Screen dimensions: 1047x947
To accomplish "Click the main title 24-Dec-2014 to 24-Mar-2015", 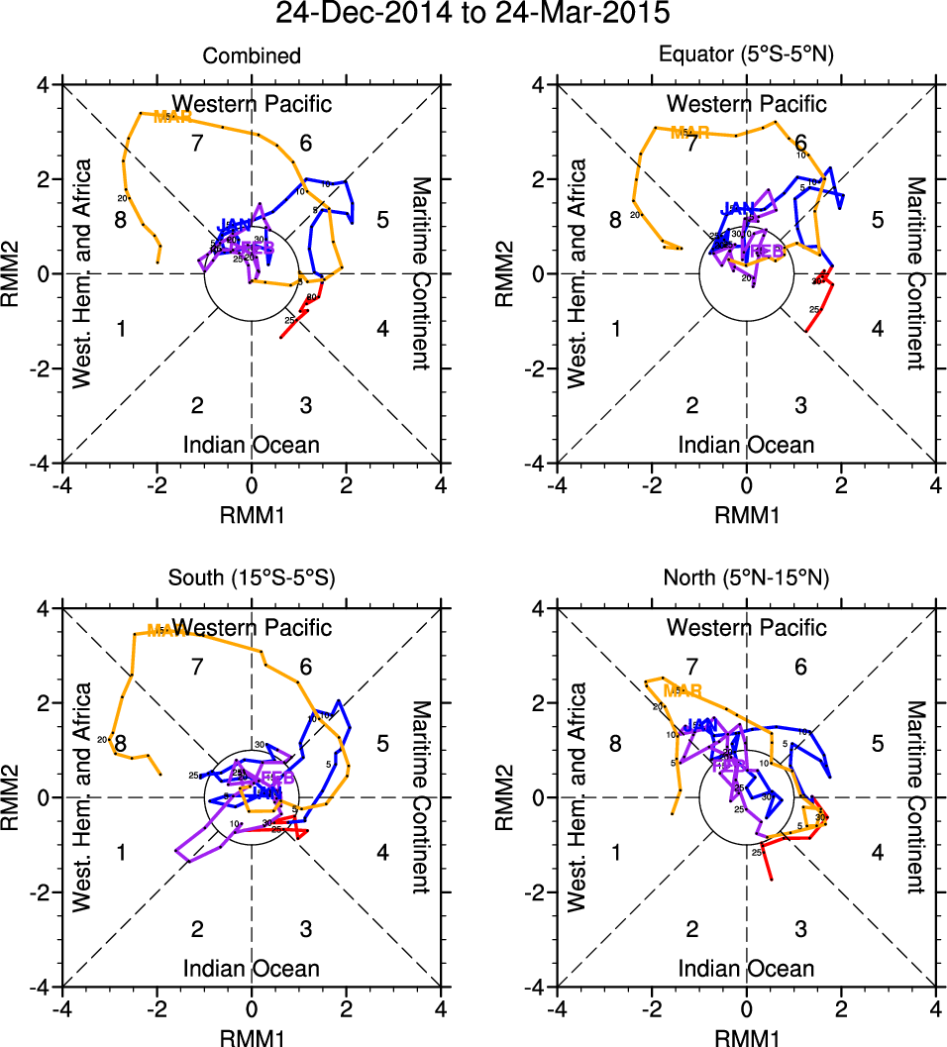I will (473, 15).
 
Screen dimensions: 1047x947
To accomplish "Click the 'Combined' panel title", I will (252, 56).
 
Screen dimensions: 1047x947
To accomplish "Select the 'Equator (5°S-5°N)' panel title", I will (747, 56).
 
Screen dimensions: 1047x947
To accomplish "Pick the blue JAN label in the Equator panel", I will (738, 208).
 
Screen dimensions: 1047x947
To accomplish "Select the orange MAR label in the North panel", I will (683, 690).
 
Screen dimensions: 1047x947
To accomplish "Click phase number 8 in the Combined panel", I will (120, 220).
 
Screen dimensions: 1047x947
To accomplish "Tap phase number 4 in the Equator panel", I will (877, 329).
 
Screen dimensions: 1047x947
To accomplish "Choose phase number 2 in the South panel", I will (197, 929).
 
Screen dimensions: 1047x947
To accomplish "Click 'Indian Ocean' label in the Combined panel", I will (252, 445).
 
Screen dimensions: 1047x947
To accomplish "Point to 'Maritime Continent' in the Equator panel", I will (915, 273).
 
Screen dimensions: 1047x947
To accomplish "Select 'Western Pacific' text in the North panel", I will (747, 627).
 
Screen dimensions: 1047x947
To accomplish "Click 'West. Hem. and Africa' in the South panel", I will (82, 797).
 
